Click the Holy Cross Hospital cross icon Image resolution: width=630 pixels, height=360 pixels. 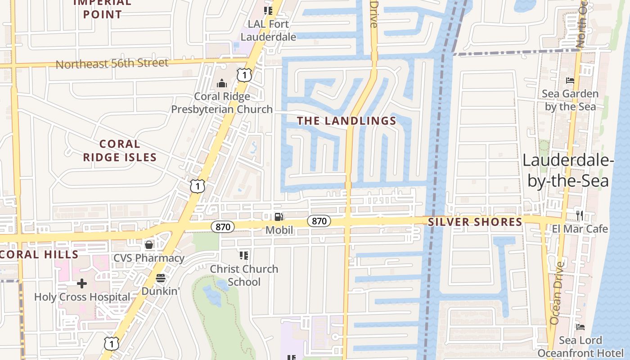pyautogui.click(x=82, y=283)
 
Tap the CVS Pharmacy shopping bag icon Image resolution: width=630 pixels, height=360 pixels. pyautogui.click(x=148, y=245)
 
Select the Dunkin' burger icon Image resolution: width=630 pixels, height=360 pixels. pyautogui.click(x=161, y=278)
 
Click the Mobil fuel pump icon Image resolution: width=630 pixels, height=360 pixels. pyautogui.click(x=279, y=217)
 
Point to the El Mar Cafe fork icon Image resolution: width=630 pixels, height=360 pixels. pyautogui.click(x=580, y=216)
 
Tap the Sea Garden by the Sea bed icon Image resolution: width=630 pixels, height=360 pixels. pyautogui.click(x=570, y=81)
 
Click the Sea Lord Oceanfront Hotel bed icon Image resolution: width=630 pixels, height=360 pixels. pyautogui.click(x=580, y=327)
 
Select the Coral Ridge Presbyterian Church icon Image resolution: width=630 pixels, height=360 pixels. pyautogui.click(x=221, y=83)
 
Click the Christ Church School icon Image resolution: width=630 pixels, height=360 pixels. pyautogui.click(x=244, y=256)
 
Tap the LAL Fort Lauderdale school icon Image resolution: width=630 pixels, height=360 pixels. pyautogui.click(x=268, y=10)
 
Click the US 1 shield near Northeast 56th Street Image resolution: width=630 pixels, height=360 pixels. pyautogui.click(x=243, y=75)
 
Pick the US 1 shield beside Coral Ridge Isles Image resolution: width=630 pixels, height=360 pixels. pyautogui.click(x=197, y=186)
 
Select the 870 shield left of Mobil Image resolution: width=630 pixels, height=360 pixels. pyautogui.click(x=223, y=227)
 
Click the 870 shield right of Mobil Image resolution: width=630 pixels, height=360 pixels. pyautogui.click(x=319, y=221)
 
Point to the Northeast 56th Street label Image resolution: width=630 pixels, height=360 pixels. pyautogui.click(x=112, y=63)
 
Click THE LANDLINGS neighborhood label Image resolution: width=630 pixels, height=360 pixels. pyautogui.click(x=346, y=121)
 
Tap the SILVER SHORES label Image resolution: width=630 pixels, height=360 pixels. pyautogui.click(x=475, y=222)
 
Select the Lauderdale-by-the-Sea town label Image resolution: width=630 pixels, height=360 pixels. pyautogui.click(x=566, y=171)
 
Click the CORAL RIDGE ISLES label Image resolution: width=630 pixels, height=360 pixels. pyautogui.click(x=120, y=150)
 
